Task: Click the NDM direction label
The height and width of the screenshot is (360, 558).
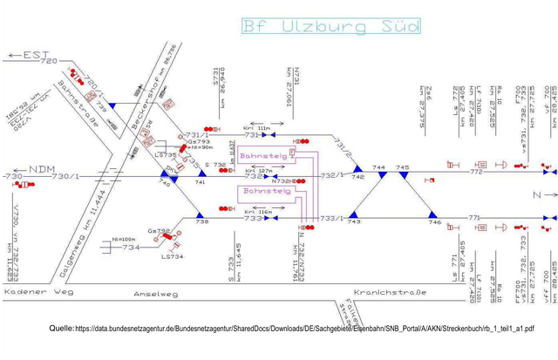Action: [x=41, y=168]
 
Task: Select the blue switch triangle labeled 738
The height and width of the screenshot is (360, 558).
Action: [x=201, y=217]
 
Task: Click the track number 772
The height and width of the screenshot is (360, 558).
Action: [x=475, y=172]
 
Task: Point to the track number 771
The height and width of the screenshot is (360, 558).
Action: [x=474, y=217]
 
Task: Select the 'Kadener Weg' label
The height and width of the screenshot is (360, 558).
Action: [x=37, y=292]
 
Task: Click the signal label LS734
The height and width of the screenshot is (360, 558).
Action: [x=173, y=256]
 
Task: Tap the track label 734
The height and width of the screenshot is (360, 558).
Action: [x=131, y=248]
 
